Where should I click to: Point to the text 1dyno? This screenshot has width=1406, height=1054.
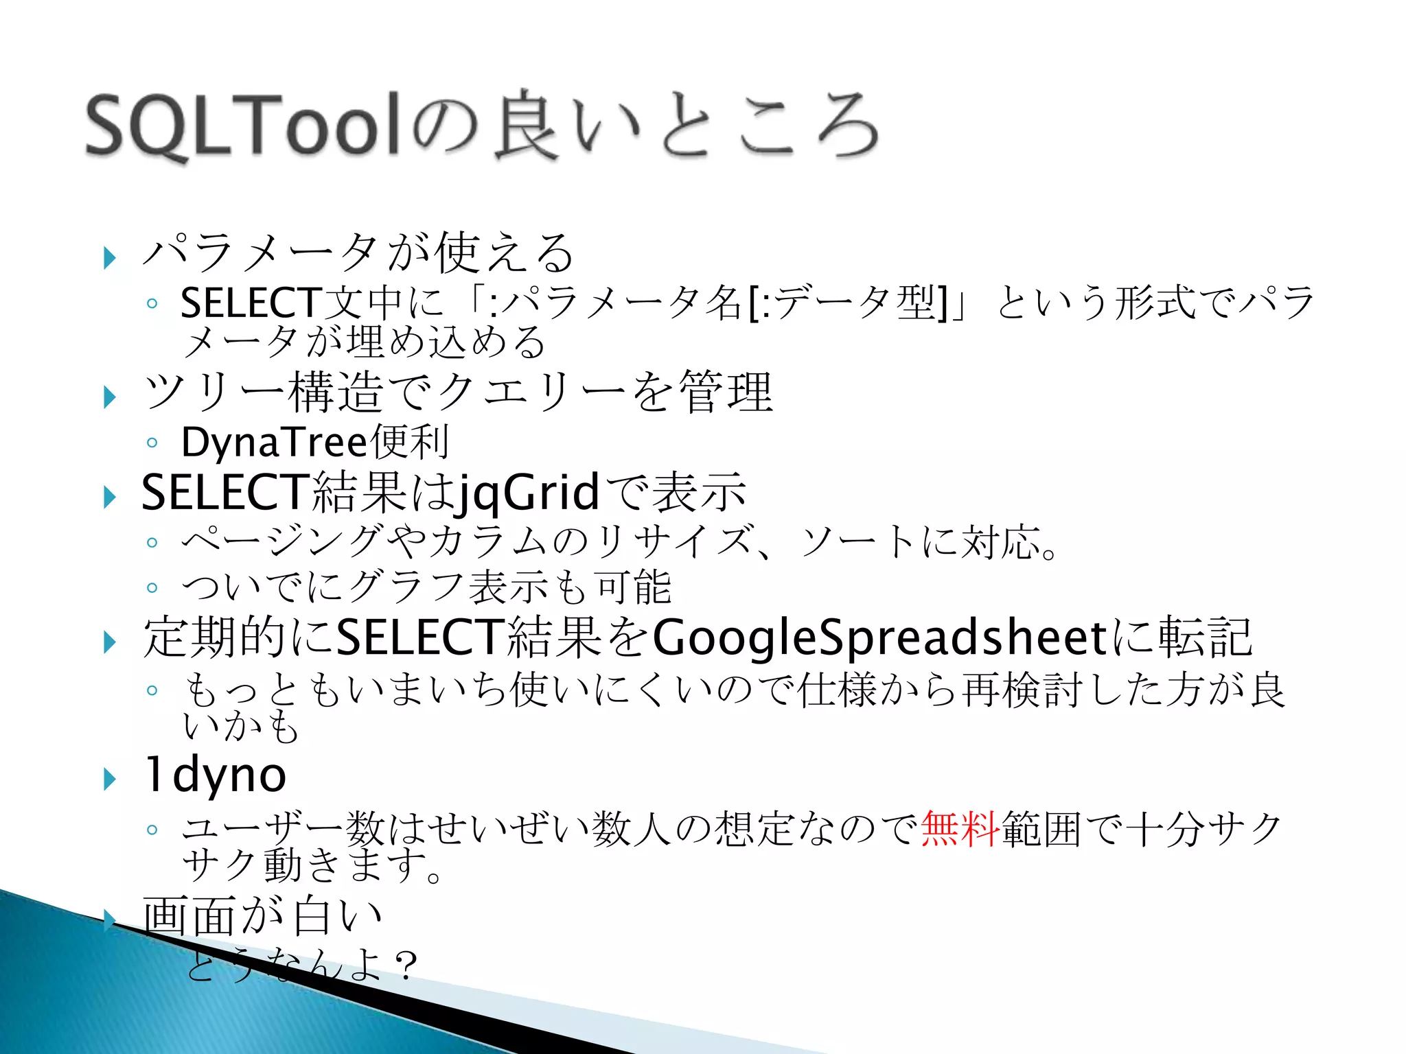click(x=214, y=775)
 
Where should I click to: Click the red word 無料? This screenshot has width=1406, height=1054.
click(x=960, y=829)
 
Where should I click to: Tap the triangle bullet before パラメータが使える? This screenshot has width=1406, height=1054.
click(x=109, y=259)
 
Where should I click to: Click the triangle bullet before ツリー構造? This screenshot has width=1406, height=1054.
click(x=109, y=397)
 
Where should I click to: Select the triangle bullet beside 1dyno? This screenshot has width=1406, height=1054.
click(x=109, y=780)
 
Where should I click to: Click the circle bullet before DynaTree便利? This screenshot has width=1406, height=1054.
click(x=152, y=443)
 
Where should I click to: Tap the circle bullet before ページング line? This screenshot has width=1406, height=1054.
click(x=152, y=543)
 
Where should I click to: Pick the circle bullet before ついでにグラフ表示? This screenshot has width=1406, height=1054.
click(x=152, y=587)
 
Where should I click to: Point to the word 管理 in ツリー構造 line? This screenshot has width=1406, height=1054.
click(x=726, y=393)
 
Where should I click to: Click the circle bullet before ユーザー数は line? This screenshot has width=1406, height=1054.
click(x=152, y=830)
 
